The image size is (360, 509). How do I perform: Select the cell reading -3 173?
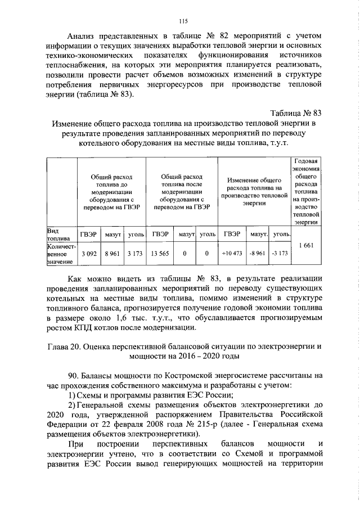click(x=280, y=254)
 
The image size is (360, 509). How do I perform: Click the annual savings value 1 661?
click(x=307, y=245)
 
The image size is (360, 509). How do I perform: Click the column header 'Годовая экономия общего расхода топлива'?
click(x=307, y=191)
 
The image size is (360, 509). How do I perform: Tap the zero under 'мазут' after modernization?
click(x=184, y=254)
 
